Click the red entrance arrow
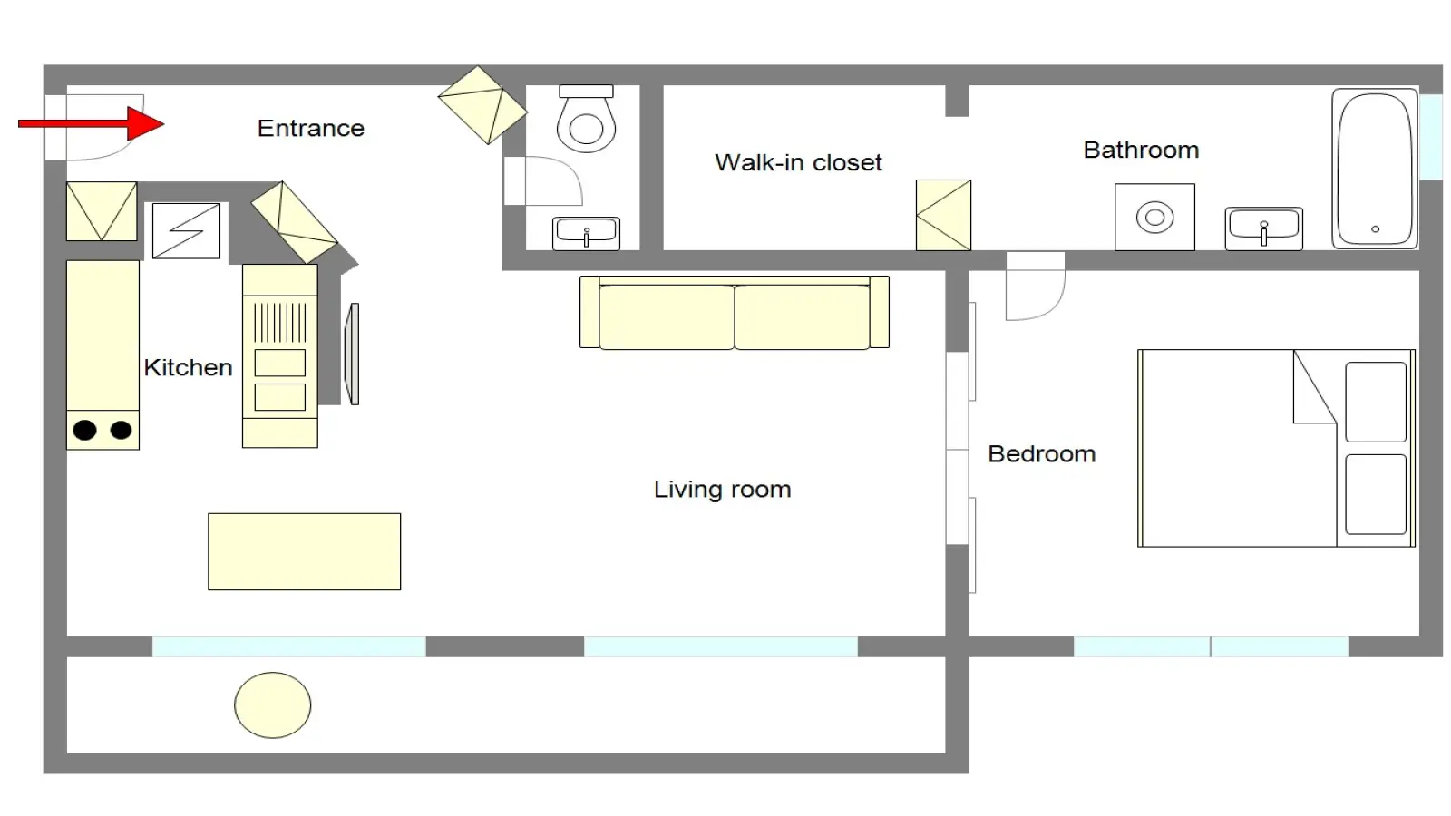click(x=91, y=123)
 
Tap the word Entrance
click(x=311, y=128)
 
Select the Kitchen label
click(x=188, y=367)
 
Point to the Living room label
click(x=722, y=489)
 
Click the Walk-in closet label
click(x=798, y=162)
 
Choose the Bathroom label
click(x=1141, y=150)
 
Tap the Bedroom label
click(x=1042, y=454)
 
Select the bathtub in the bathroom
click(x=1375, y=169)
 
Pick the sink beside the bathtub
click(x=1264, y=228)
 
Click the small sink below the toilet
click(x=586, y=233)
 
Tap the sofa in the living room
click(x=735, y=313)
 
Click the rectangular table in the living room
click(x=305, y=552)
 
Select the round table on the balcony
click(x=273, y=705)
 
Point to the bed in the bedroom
click(x=1276, y=448)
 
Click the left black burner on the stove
click(x=85, y=430)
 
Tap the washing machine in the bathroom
click(x=1155, y=217)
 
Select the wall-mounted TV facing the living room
click(x=352, y=355)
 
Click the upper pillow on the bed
click(x=1376, y=403)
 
